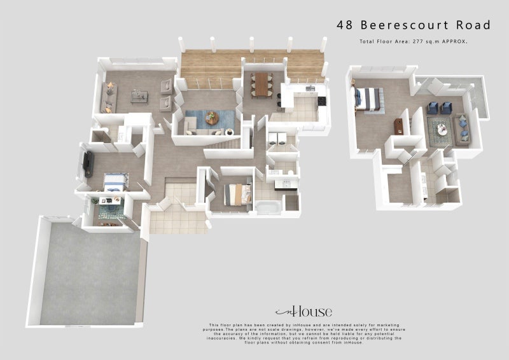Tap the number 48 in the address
(x=345, y=25)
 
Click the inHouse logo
(x=303, y=312)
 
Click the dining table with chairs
(x=261, y=84)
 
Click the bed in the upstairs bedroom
(x=368, y=99)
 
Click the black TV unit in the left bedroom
(x=87, y=163)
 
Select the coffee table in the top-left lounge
(x=139, y=96)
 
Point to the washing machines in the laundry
(x=276, y=141)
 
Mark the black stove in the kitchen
(x=322, y=100)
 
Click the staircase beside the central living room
(x=223, y=147)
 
